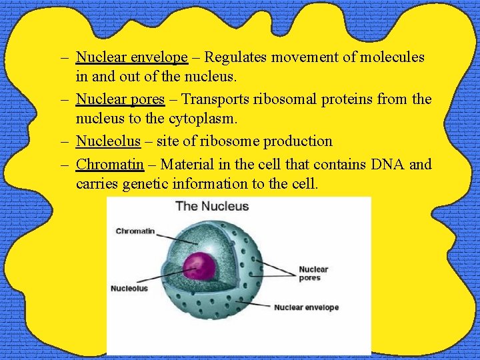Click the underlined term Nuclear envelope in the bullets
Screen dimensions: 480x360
(x=131, y=58)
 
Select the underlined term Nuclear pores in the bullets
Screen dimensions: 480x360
(x=120, y=99)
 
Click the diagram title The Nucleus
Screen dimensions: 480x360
(x=212, y=206)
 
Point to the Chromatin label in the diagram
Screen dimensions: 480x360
(x=135, y=231)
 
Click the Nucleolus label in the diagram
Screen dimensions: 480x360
(x=129, y=289)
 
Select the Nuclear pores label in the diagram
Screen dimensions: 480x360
(x=313, y=273)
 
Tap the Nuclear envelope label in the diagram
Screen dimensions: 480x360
(x=306, y=307)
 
